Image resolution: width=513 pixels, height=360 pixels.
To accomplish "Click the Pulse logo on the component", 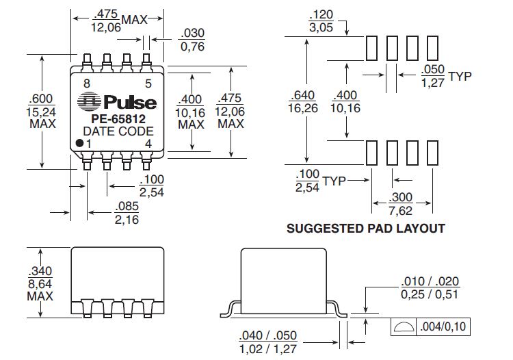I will coord(117,103).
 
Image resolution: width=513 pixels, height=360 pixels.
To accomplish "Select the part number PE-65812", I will coord(118,118).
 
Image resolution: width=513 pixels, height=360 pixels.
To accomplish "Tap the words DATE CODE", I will coord(118,131).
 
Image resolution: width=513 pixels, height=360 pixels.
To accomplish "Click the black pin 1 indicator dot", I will coord(79,143).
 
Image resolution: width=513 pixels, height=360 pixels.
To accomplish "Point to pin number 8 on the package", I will coord(86,83).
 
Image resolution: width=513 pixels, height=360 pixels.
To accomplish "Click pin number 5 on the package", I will coord(148,83).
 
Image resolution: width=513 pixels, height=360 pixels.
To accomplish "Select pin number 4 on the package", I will coord(148,143).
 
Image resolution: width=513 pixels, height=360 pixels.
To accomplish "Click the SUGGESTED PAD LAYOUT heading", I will coord(365,229).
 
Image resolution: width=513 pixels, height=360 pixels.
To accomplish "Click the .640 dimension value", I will coord(303,94).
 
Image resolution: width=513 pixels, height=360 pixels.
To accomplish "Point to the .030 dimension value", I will coord(191,34).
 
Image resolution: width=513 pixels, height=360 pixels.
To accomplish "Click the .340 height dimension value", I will coord(41,272).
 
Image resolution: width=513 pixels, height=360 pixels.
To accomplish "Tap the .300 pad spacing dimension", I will coord(400,196).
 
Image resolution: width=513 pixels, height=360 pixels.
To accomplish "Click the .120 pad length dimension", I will coord(321,14).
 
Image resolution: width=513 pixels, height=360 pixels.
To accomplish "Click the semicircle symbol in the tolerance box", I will coord(404,327).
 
